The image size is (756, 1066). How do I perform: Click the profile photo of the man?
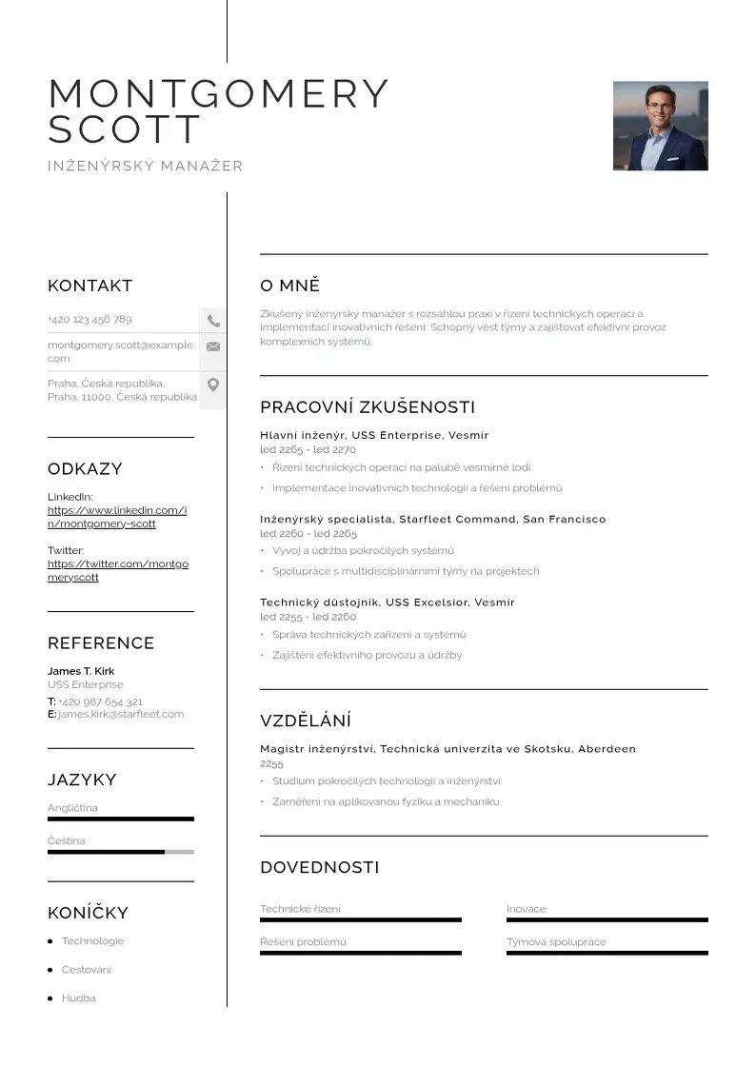[660, 126]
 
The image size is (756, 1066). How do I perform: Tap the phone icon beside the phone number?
[213, 321]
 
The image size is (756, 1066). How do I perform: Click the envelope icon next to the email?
[213, 346]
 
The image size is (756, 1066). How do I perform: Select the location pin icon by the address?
[213, 385]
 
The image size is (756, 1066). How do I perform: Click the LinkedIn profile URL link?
[117, 517]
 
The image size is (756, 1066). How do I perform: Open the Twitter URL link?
[118, 570]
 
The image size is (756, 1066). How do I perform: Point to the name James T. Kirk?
[81, 671]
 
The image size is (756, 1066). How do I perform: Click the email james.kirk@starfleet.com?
[121, 714]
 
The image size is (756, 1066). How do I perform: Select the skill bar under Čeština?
[121, 852]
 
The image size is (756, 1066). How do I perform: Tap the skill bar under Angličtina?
[121, 819]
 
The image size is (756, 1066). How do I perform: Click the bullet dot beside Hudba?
[50, 998]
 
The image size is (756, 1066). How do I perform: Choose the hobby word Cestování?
[87, 970]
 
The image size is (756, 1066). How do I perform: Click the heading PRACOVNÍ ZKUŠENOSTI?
[368, 407]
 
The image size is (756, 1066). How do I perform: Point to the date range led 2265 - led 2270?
[308, 449]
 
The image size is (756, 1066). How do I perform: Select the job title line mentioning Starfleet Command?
[432, 520]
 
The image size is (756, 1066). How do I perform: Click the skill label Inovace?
[527, 909]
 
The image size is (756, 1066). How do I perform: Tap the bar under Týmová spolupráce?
[607, 953]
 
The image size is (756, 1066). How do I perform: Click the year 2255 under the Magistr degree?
[271, 763]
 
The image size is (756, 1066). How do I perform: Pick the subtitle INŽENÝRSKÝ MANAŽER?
[146, 167]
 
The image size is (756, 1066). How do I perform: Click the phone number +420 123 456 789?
[90, 320]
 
